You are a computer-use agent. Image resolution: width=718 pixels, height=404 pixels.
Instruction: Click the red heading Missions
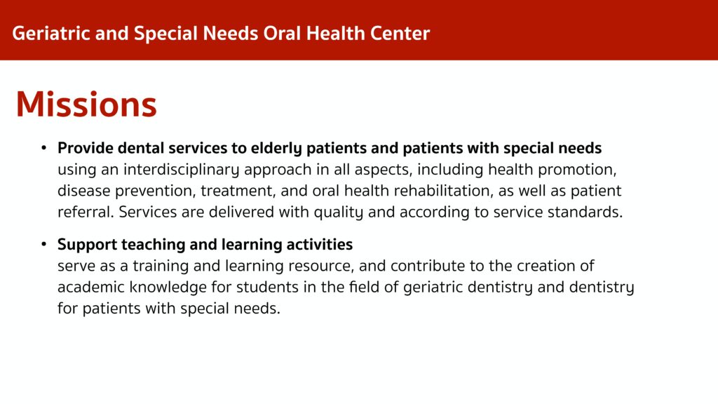click(86, 105)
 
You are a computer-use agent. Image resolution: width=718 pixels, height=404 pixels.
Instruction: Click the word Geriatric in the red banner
click(51, 34)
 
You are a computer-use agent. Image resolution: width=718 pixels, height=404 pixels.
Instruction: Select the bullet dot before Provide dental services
click(44, 148)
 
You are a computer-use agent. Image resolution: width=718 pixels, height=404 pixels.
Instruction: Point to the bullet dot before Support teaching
click(44, 244)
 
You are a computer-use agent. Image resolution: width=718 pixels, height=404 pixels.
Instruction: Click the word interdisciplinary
click(181, 170)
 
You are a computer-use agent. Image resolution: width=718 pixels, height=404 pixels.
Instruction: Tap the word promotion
click(577, 170)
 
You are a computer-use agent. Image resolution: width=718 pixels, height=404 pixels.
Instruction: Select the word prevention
click(157, 191)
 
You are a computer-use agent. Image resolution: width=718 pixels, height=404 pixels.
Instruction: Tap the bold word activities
click(319, 244)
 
